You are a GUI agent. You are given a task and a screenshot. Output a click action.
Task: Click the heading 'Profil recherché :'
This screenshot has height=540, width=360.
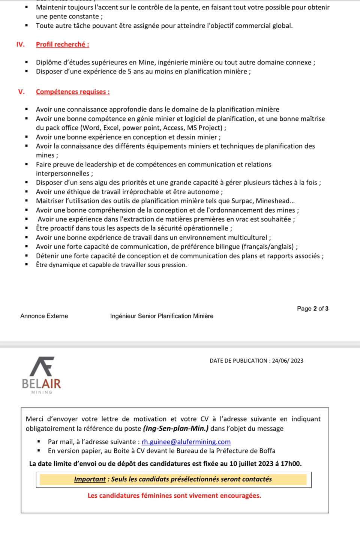[62, 44]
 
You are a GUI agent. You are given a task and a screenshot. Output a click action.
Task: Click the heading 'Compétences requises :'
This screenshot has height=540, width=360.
[73, 92]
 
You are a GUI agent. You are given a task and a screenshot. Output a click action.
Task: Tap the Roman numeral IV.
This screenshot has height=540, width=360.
[20, 44]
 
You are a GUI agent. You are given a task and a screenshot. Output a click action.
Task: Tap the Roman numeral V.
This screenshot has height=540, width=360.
[21, 92]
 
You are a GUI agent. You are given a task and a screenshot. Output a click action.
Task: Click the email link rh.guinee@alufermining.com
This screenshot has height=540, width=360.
[186, 442]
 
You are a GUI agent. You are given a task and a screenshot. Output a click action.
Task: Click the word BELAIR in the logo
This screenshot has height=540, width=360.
[41, 383]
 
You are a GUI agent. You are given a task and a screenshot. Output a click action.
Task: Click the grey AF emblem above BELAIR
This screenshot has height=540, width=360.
[42, 366]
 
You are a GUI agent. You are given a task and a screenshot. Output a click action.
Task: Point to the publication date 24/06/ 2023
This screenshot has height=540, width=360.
[288, 361]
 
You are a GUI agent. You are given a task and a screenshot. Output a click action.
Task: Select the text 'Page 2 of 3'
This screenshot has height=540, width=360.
[312, 309]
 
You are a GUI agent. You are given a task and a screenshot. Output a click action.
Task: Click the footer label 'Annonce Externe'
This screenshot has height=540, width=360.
[44, 316]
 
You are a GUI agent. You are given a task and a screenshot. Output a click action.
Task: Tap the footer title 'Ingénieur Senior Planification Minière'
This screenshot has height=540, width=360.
[162, 316]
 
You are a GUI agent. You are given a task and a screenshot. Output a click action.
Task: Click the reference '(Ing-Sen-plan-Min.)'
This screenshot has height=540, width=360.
[175, 429]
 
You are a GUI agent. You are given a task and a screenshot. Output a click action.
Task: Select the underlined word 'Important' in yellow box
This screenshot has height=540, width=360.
[90, 479]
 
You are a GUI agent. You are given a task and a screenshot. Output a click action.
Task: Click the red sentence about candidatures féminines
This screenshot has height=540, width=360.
[174, 496]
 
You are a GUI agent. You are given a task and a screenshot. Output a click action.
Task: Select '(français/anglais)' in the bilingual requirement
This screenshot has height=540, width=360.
[268, 247]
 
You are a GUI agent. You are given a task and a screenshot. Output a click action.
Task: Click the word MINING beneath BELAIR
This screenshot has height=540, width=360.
[42, 393]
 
